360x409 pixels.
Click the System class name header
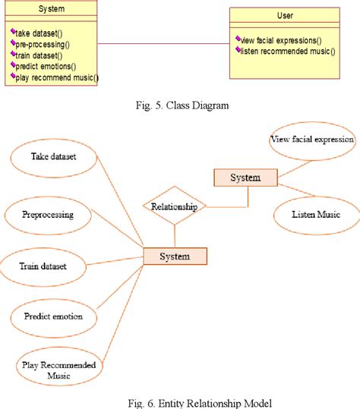51,9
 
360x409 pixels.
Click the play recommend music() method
55,77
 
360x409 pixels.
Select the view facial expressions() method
281,39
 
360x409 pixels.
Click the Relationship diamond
175,206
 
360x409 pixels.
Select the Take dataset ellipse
54,157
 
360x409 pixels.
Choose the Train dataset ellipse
43,266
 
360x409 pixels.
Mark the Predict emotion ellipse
53,316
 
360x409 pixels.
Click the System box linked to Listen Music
245,178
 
